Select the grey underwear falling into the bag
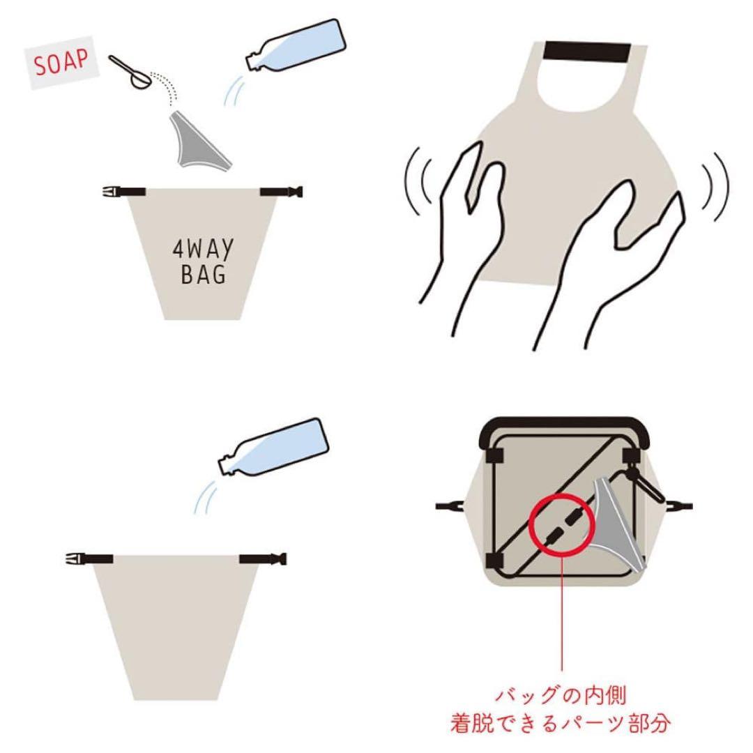(x=199, y=143)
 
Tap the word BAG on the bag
(x=204, y=274)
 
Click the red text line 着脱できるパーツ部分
(x=562, y=722)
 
